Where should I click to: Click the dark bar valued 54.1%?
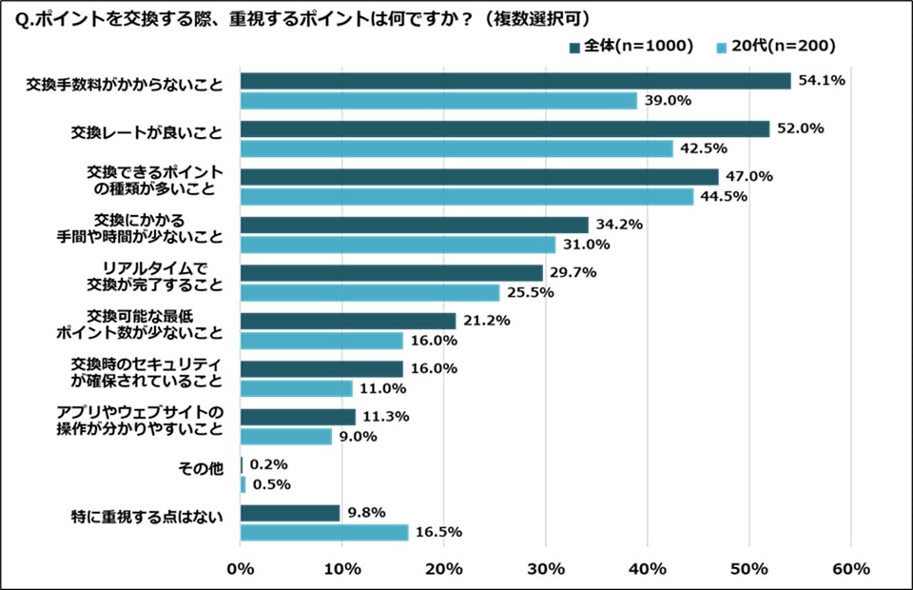click(x=515, y=81)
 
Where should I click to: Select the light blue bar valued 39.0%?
click(x=438, y=100)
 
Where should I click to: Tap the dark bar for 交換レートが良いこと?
click(x=504, y=128)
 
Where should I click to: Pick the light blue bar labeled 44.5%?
click(x=466, y=196)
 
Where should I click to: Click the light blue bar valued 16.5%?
click(x=324, y=532)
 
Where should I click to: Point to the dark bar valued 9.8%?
click(x=290, y=513)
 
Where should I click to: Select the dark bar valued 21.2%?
click(x=348, y=321)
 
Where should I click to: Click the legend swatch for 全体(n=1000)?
click(x=574, y=47)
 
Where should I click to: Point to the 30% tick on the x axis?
click(x=545, y=569)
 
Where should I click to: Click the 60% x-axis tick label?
click(x=850, y=569)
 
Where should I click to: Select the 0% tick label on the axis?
click(x=241, y=569)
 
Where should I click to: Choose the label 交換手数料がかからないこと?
click(x=125, y=85)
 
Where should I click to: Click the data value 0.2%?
click(x=268, y=464)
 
